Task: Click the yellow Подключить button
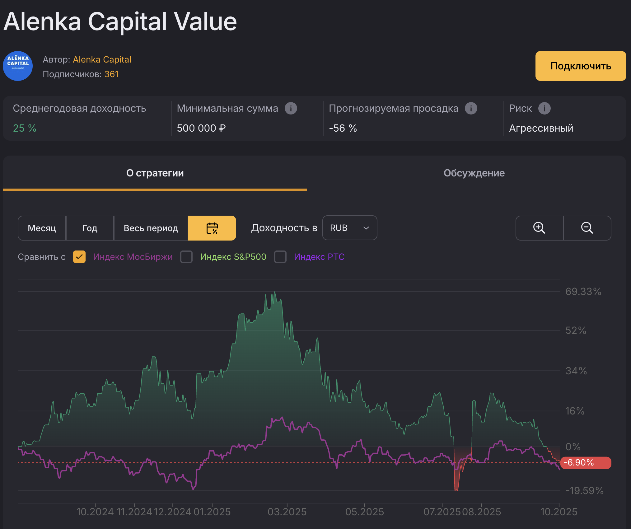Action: [580, 66]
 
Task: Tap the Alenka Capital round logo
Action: [18, 66]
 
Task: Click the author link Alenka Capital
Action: [102, 59]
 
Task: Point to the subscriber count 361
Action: [111, 74]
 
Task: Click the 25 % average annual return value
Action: [25, 128]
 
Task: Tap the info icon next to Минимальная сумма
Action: [291, 108]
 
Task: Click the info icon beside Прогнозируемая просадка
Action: [471, 108]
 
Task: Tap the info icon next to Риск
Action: [544, 108]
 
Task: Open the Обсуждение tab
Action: [474, 173]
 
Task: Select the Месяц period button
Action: [42, 228]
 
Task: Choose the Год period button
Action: [90, 228]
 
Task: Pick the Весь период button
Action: [151, 228]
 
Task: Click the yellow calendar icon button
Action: [212, 228]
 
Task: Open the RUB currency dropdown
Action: [349, 228]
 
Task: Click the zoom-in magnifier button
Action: [539, 228]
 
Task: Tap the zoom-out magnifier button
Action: [587, 228]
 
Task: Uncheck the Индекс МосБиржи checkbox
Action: [79, 257]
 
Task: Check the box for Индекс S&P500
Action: [186, 257]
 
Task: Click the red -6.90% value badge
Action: [585, 462]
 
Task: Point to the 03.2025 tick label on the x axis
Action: [287, 512]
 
